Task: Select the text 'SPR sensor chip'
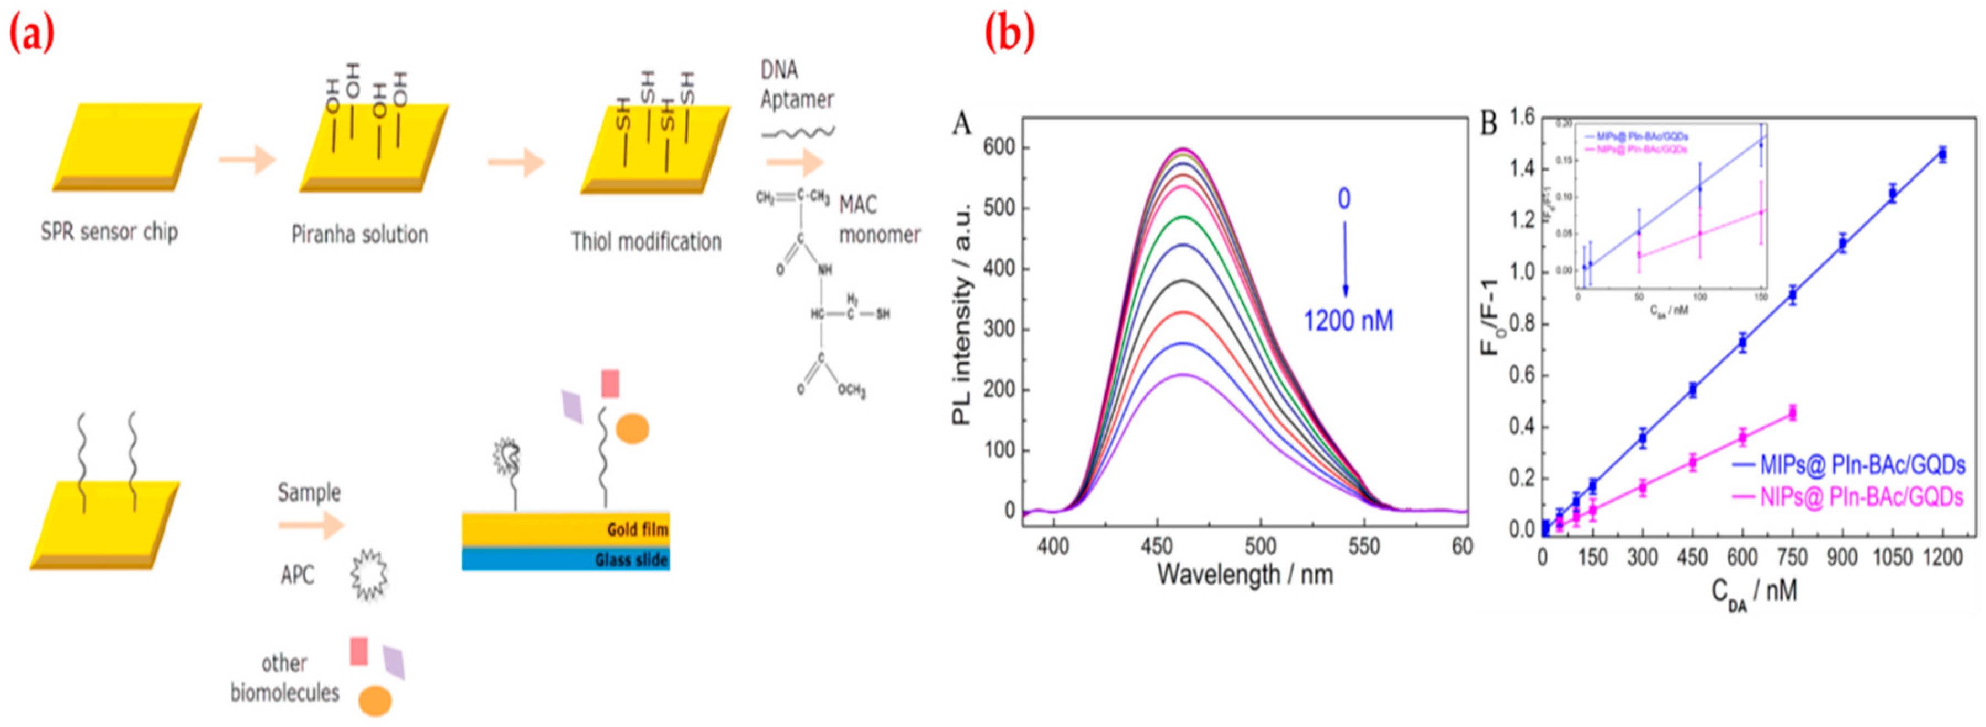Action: coord(109,231)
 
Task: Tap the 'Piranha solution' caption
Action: coord(359,235)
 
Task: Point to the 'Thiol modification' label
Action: coord(646,242)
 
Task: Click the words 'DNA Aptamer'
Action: coord(796,85)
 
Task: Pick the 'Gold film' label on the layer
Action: coord(637,529)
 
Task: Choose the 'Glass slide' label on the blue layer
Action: coord(631,560)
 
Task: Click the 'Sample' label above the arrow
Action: coord(309,492)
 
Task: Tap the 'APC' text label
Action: coord(298,575)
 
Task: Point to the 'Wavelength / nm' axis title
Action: coord(1244,574)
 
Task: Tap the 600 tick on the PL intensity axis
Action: coord(999,147)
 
